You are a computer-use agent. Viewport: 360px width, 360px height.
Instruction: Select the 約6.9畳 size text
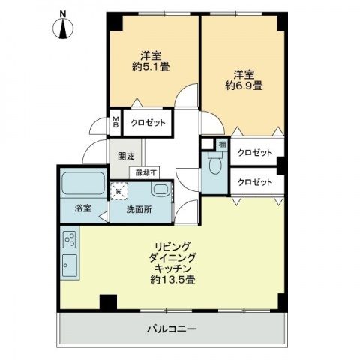click(x=243, y=85)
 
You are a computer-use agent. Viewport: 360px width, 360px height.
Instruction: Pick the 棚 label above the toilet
click(x=222, y=144)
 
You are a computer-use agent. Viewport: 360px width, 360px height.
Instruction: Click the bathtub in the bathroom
click(x=82, y=183)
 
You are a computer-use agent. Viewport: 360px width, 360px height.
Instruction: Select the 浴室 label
click(x=82, y=209)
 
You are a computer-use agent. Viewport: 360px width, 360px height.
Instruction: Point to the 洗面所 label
click(x=139, y=210)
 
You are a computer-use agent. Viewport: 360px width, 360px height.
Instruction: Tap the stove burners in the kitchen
click(x=69, y=240)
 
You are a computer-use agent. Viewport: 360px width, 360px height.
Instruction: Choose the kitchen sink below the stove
click(x=68, y=265)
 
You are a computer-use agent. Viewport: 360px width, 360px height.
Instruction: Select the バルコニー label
click(x=171, y=327)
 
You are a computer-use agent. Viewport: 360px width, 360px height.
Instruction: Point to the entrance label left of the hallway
click(x=126, y=157)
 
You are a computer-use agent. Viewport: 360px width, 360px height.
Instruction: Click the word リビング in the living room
click(x=173, y=246)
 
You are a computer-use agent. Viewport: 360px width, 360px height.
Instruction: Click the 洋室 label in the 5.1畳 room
click(x=151, y=55)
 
